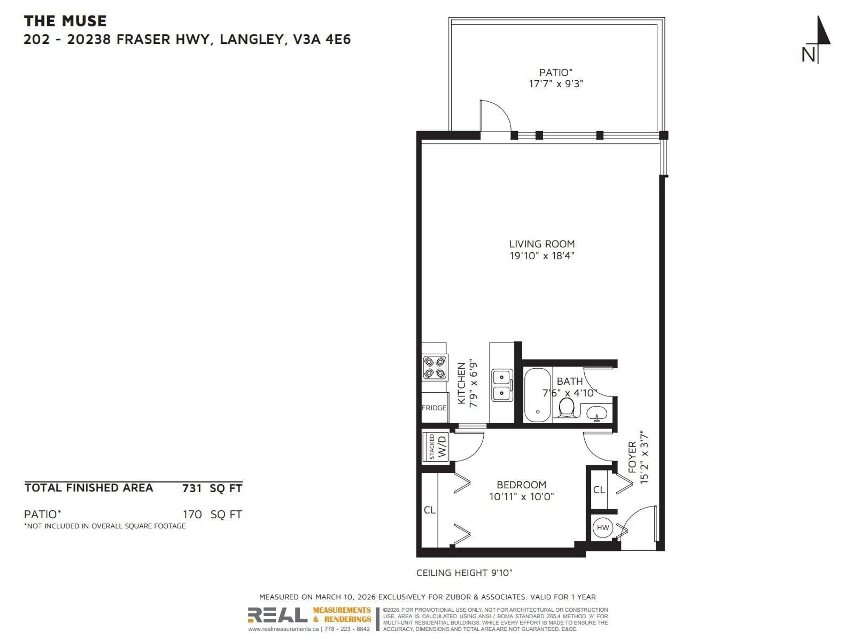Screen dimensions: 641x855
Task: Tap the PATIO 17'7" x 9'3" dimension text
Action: (x=556, y=84)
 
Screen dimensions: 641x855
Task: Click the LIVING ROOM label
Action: (x=541, y=244)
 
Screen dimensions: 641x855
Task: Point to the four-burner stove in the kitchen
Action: (x=434, y=367)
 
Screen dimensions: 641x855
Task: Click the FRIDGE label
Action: (x=434, y=408)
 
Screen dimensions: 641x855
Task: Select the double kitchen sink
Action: (x=502, y=385)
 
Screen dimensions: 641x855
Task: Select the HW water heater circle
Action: (x=603, y=527)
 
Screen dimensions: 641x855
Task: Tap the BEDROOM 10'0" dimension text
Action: (x=521, y=497)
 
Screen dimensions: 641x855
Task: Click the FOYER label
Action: (x=632, y=457)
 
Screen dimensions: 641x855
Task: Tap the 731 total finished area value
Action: (x=192, y=488)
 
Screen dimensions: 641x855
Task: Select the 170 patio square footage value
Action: (x=192, y=514)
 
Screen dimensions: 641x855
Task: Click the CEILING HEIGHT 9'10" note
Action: (x=464, y=573)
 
